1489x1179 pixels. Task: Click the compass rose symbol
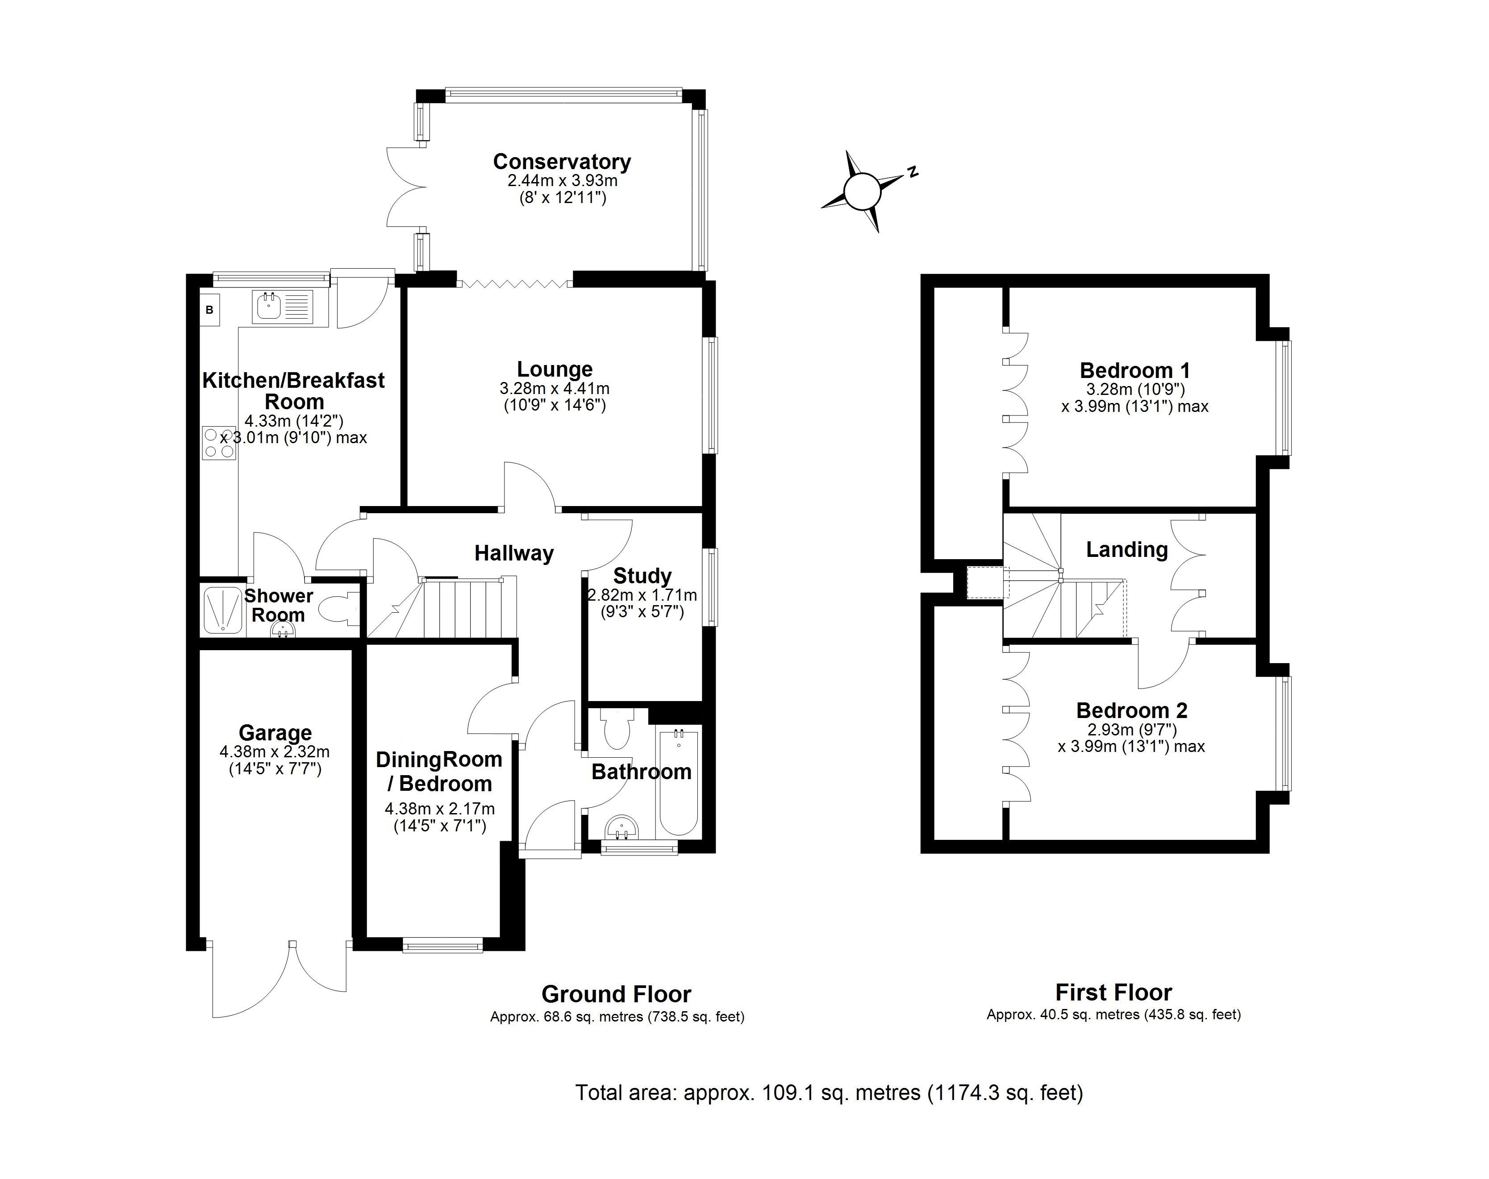(862, 190)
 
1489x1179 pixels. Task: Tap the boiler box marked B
(210, 310)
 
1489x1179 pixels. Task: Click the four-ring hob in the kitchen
(219, 443)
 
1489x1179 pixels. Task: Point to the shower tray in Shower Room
(222, 610)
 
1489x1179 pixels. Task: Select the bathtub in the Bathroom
(679, 784)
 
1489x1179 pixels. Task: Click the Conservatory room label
(562, 162)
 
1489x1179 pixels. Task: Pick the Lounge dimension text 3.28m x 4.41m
(554, 389)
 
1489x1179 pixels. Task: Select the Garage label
(275, 732)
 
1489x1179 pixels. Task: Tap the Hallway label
(514, 554)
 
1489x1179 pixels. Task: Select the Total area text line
(829, 1093)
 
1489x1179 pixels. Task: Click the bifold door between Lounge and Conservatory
(514, 282)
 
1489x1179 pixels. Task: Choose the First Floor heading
(1114, 992)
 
